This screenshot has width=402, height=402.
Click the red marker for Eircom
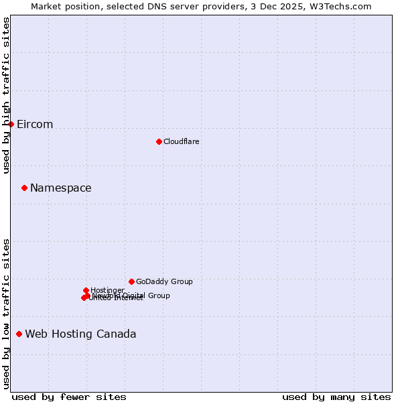[x=11, y=124]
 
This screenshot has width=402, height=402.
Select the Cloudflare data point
[x=159, y=141]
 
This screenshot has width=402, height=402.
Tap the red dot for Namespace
[x=25, y=188]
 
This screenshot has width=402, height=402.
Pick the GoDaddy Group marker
[x=131, y=281]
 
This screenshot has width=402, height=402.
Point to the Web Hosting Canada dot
[x=19, y=334]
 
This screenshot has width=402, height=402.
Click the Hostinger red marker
[x=86, y=290]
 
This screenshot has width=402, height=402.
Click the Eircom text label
[x=35, y=125]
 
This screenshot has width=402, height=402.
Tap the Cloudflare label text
[x=181, y=141]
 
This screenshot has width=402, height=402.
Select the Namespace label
[x=60, y=188]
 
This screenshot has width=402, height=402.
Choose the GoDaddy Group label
[x=164, y=282]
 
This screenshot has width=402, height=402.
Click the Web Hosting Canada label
[x=80, y=334]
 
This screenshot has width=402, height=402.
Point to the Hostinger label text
[x=107, y=290]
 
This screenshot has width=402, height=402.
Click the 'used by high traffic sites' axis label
[x=6, y=95]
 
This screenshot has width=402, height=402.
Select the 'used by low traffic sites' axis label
[x=6, y=314]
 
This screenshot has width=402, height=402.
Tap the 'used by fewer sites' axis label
[x=69, y=397]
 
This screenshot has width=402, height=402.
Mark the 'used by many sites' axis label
[x=336, y=397]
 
